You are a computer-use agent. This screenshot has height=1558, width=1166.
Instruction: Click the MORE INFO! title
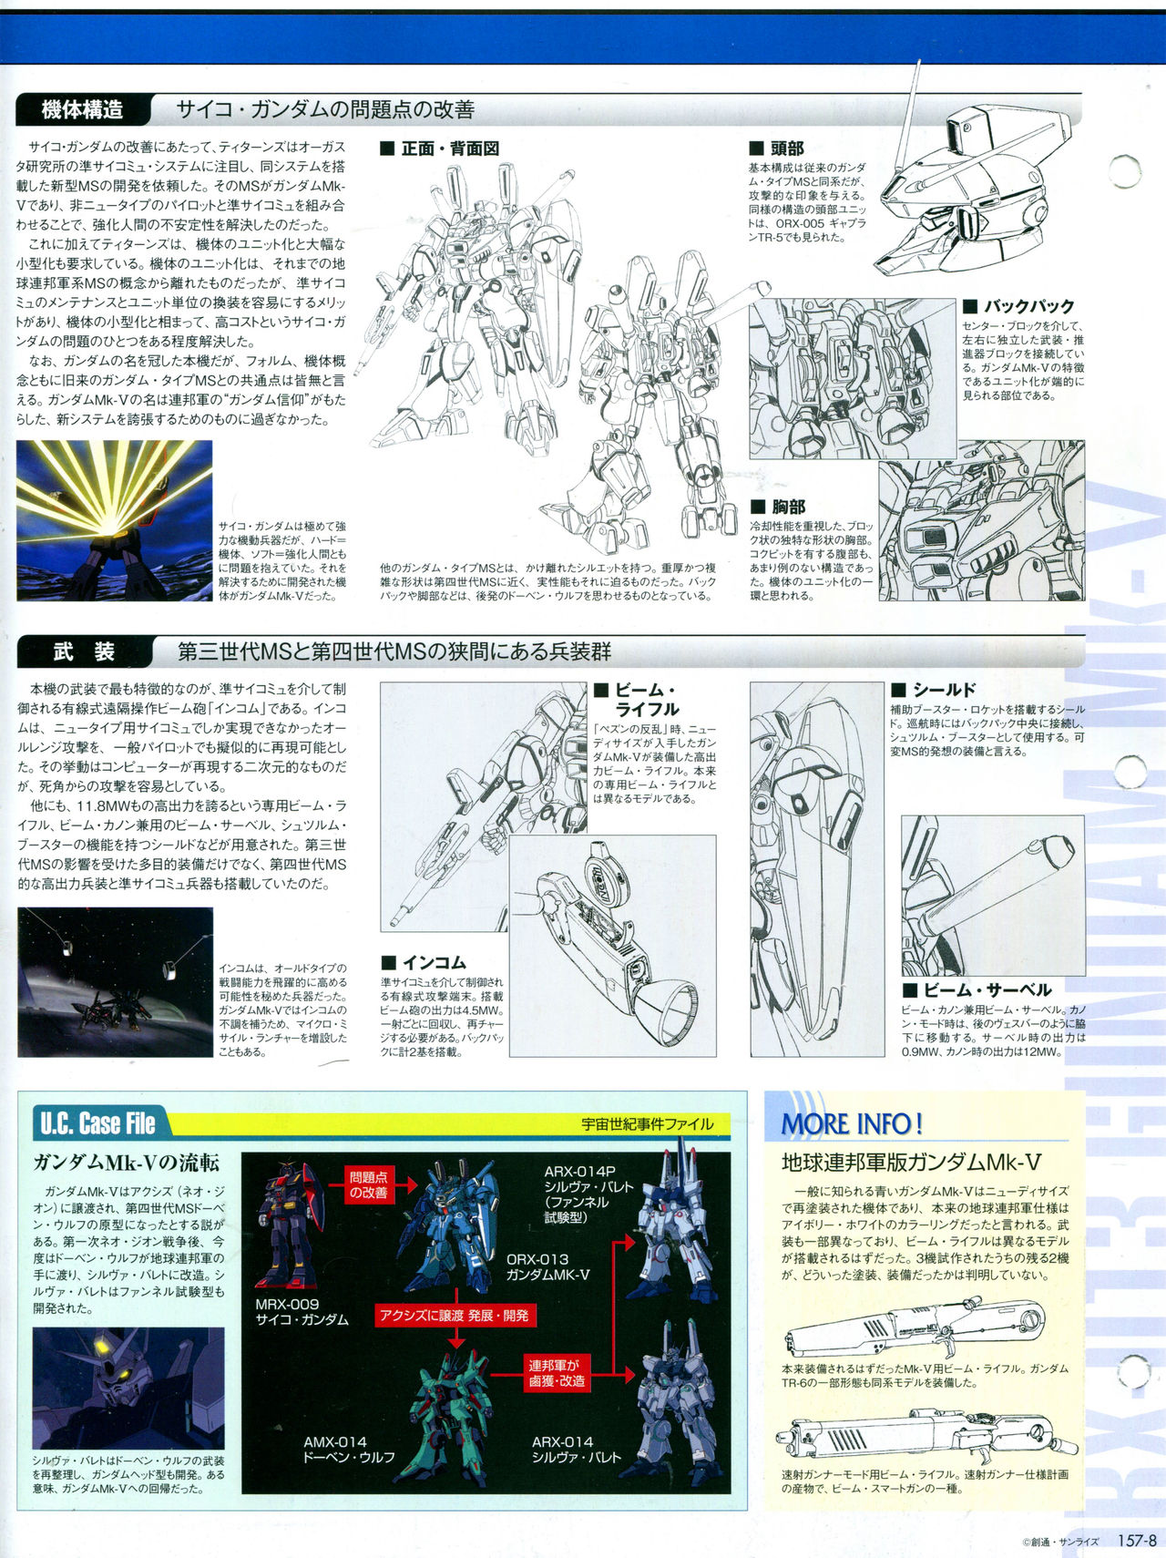tap(853, 1123)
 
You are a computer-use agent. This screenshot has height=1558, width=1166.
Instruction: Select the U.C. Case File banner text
tap(97, 1123)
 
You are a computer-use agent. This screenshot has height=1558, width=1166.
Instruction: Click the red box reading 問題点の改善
tap(369, 1184)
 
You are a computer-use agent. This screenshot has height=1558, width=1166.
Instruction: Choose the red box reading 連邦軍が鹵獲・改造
tap(555, 1373)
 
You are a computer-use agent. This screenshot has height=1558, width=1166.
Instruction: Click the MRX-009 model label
tap(287, 1304)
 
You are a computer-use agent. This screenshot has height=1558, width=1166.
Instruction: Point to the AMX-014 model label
tap(335, 1441)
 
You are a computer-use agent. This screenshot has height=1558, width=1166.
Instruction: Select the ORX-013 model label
tap(538, 1259)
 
